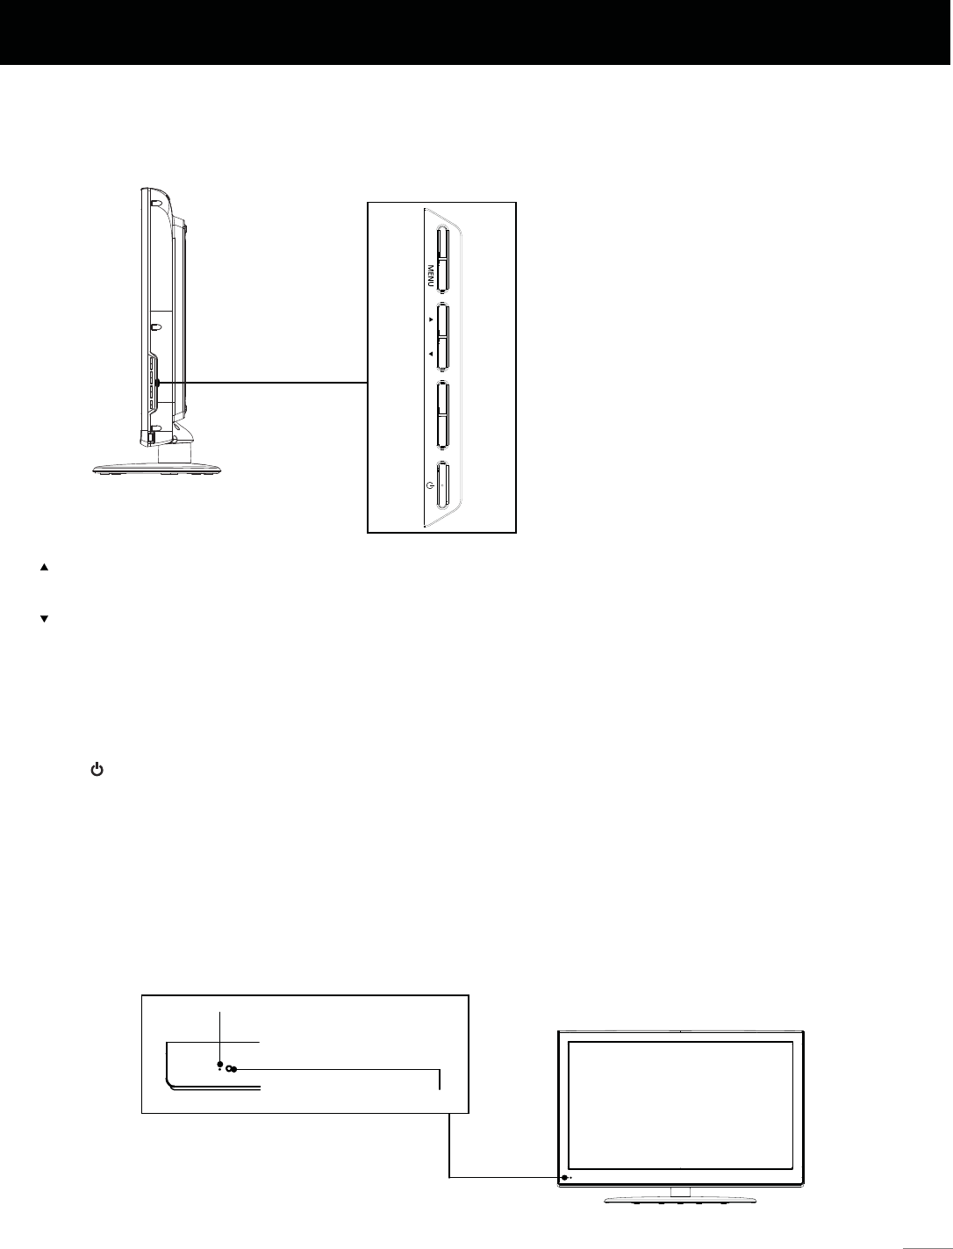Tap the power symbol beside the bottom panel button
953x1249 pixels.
click(429, 484)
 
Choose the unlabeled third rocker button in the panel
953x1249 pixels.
click(442, 413)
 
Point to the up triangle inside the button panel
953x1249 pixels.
click(431, 321)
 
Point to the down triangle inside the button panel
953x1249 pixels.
click(431, 354)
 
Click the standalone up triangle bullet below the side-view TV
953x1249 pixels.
click(42, 568)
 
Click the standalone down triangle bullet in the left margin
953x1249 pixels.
click(42, 620)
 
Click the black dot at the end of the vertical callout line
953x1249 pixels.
click(219, 1064)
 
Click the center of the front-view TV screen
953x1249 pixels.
click(680, 1104)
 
